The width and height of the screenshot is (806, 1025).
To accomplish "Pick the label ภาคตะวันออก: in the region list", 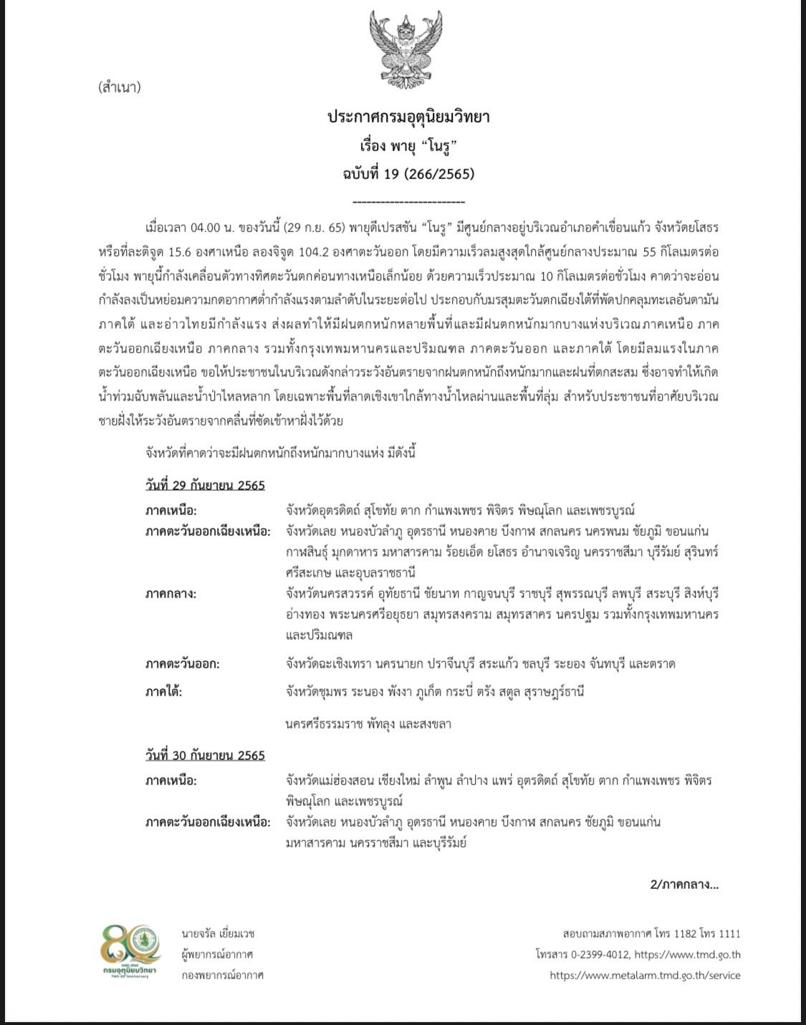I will point(182,663).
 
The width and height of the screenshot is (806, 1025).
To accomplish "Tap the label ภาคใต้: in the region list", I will point(163,692).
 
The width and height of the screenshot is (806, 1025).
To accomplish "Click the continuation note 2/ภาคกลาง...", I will point(684,884).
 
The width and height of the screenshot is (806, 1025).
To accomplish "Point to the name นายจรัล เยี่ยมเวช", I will point(218,933).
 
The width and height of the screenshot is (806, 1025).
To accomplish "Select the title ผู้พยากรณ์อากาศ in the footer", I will point(218,955).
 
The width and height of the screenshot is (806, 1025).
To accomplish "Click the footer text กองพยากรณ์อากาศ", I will point(222,976).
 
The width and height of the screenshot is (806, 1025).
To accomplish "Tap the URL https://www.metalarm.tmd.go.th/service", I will point(645,976).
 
